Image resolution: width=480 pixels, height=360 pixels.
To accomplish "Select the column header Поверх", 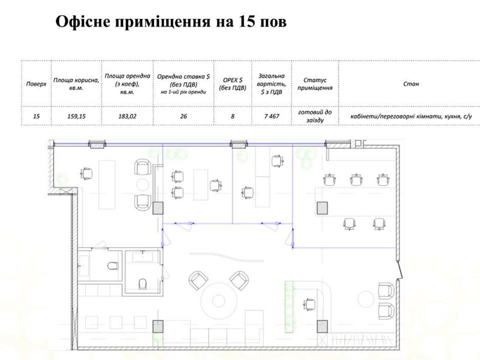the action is coord(36,84).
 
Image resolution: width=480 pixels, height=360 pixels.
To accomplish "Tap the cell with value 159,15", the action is coord(76,116).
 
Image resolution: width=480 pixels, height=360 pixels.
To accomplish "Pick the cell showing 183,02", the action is coord(127,116).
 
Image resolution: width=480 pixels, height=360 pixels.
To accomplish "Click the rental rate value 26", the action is coord(183,116).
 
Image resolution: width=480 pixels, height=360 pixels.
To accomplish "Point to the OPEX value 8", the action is coord(232,116).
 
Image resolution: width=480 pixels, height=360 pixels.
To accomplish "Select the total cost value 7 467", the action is coord(271,116).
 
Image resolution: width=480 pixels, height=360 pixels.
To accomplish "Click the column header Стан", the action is coord(411,84).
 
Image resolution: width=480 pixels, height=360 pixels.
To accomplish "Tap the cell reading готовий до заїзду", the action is coord(315,116).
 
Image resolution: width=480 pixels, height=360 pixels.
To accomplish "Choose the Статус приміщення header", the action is coord(315,84).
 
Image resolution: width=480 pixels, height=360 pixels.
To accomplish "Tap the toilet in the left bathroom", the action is coord(112,265).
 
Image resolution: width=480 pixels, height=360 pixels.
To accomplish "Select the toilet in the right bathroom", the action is coord(142,283).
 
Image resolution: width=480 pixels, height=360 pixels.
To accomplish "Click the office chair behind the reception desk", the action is coord(309,304).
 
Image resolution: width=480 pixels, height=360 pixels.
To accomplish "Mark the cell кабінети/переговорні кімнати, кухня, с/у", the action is coord(411,116).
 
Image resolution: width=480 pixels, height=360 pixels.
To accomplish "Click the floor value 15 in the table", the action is coord(36,116).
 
